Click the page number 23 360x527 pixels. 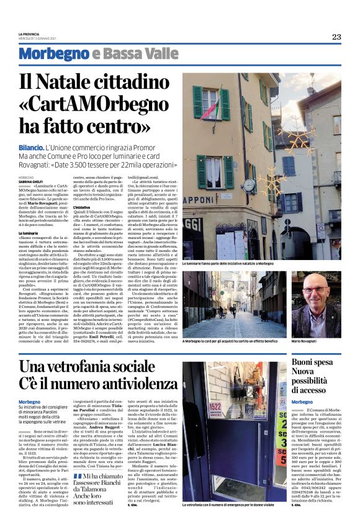pyautogui.click(x=336, y=37)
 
